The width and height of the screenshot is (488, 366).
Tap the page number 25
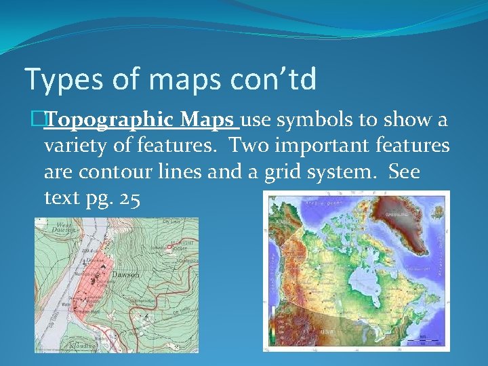pos(126,198)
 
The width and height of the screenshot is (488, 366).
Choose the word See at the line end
pos(405,171)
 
